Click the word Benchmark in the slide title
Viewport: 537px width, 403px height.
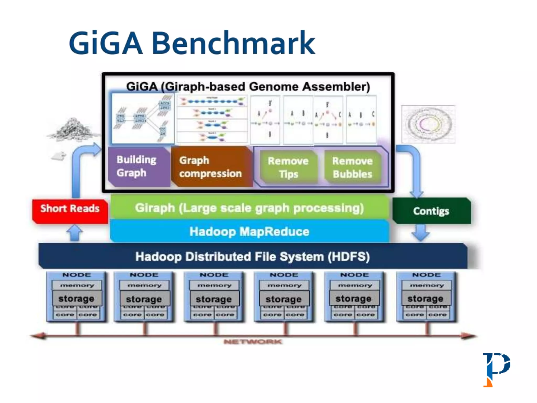pos(233,43)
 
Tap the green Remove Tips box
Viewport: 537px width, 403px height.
pos(288,167)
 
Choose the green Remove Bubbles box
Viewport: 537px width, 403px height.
pos(352,167)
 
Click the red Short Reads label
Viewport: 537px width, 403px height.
pos(70,209)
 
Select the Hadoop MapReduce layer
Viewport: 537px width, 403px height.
pos(249,232)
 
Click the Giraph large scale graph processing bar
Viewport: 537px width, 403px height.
pos(249,208)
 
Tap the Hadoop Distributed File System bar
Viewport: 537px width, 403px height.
pos(252,257)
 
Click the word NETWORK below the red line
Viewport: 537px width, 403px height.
pos(253,342)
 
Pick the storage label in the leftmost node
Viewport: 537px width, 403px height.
pos(76,299)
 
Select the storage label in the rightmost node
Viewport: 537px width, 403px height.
pos(425,299)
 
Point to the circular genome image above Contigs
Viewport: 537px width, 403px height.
pos(428,124)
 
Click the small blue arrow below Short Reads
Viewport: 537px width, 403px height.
pos(75,233)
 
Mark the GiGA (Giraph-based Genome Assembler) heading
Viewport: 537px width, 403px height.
pos(248,87)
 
